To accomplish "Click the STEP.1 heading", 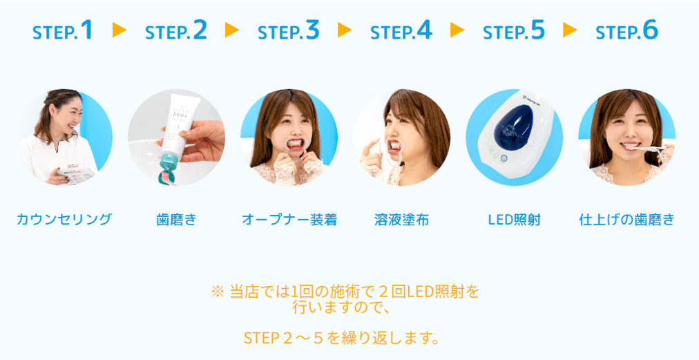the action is pyautogui.click(x=62, y=30).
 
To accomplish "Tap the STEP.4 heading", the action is pyautogui.click(x=401, y=30).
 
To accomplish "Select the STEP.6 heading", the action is pyautogui.click(x=626, y=30).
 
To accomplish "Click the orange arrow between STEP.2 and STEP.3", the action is pyautogui.click(x=232, y=30).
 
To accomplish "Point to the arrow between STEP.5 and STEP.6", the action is pyautogui.click(x=570, y=30).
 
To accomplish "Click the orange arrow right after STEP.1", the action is pyautogui.click(x=119, y=30).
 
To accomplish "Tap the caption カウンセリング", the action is pyautogui.click(x=64, y=220).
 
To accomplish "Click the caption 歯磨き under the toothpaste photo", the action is pyautogui.click(x=176, y=220).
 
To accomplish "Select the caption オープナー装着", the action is pyautogui.click(x=289, y=220).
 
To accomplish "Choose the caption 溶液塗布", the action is pyautogui.click(x=401, y=220).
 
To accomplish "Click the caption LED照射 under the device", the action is pyautogui.click(x=514, y=220).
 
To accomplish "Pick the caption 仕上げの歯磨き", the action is pyautogui.click(x=626, y=220).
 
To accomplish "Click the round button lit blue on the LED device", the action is pyautogui.click(x=504, y=158).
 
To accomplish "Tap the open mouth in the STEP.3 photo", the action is pyautogui.click(x=294, y=144).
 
